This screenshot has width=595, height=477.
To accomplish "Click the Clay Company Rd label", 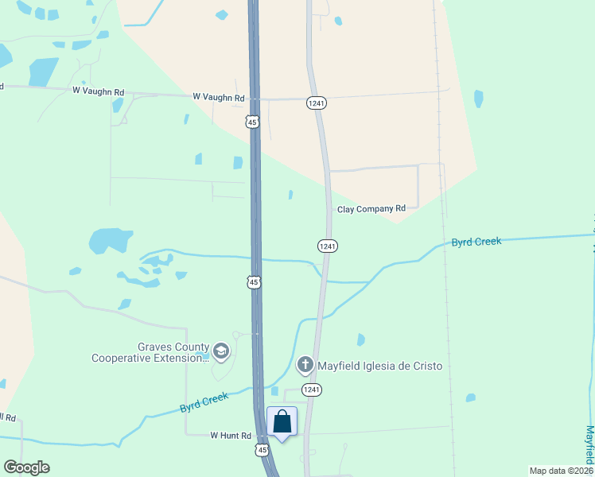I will [x=371, y=209].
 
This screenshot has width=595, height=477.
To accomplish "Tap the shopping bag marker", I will [x=282, y=421].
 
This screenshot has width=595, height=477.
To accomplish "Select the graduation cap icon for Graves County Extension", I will [x=221, y=351].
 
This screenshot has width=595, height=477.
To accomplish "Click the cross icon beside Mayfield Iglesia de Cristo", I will [x=304, y=366].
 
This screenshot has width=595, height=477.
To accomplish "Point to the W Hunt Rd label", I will [x=231, y=436].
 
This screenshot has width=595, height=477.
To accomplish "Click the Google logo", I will [x=26, y=467].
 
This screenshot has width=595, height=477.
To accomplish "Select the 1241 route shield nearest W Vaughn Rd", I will [x=317, y=103].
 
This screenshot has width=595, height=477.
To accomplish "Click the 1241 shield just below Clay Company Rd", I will [x=328, y=246].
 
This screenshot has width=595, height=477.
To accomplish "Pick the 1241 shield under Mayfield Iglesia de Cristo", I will [x=311, y=390].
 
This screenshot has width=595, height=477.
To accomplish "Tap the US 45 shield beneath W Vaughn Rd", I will [x=252, y=122].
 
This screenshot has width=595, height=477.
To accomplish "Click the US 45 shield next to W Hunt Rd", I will [x=262, y=450].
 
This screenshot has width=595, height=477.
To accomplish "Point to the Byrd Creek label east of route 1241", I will [x=476, y=242].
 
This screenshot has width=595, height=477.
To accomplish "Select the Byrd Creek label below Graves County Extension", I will [x=204, y=402].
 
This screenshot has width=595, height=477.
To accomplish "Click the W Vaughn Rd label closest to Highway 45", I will [x=217, y=96].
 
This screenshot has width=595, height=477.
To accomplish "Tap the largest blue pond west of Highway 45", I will [x=109, y=240].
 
